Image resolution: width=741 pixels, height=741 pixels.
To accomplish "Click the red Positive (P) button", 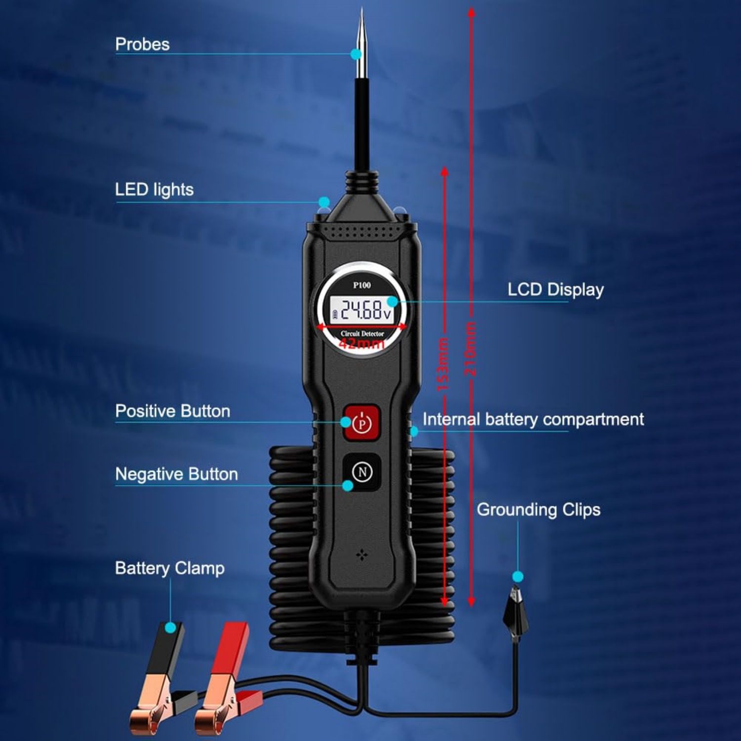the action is pyautogui.click(x=362, y=422).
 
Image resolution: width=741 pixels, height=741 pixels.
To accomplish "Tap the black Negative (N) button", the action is pyautogui.click(x=362, y=472).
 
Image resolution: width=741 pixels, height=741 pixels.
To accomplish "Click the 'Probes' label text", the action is pyautogui.click(x=142, y=44).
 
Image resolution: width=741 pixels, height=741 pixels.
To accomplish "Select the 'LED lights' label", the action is pyautogui.click(x=154, y=190).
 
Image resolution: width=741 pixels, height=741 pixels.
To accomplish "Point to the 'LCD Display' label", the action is pyautogui.click(x=556, y=290).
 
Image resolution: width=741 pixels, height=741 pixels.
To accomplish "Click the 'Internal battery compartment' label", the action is pyautogui.click(x=533, y=419).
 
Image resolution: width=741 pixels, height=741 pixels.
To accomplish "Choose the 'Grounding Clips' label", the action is pyautogui.click(x=538, y=510).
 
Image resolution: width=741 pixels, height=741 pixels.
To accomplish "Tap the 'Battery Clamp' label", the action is pyautogui.click(x=169, y=568).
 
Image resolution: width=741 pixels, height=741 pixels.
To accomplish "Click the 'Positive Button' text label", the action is pyautogui.click(x=172, y=411).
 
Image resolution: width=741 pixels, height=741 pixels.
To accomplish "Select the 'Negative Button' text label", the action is pyautogui.click(x=176, y=474).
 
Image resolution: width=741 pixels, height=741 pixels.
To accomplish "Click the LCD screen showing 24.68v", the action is pyautogui.click(x=362, y=310).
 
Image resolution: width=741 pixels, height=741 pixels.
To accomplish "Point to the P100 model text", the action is pyautogui.click(x=362, y=285).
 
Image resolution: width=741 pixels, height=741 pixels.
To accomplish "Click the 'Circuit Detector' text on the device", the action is pyautogui.click(x=362, y=333).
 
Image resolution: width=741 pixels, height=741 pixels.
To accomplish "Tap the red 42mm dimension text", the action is pyautogui.click(x=362, y=342).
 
